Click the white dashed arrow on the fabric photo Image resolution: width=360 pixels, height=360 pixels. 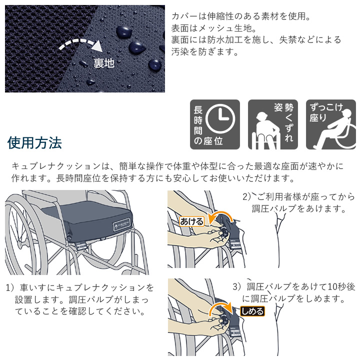point(80,44)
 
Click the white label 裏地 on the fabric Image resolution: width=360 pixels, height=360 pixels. point(104,63)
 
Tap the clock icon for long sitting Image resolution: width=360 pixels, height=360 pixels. point(220,119)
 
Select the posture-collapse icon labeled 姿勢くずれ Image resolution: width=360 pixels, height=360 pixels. point(272,124)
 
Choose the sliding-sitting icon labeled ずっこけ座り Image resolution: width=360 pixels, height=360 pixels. point(330,124)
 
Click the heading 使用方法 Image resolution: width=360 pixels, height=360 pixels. point(34,143)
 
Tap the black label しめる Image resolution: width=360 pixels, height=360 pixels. point(251,311)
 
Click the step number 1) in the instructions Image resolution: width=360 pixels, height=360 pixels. point(10,288)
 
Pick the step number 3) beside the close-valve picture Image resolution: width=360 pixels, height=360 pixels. point(237,287)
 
